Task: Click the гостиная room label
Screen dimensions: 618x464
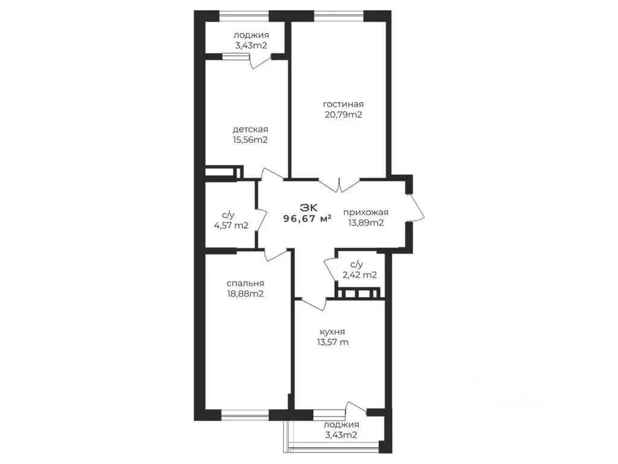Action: coord(343,105)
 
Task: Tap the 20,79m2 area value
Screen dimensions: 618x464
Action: coord(343,115)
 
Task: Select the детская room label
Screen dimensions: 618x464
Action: coord(250,129)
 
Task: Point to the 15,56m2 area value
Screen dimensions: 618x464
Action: coord(250,140)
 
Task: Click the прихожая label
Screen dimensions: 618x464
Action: coord(366,212)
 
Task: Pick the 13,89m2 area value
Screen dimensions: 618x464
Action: coord(366,222)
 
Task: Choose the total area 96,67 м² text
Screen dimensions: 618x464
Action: coord(307,218)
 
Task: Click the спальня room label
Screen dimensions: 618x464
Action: coord(245,283)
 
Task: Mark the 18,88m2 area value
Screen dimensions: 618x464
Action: coord(245,294)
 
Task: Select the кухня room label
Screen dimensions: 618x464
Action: coord(333,332)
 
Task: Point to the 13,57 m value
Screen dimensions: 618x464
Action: coord(333,342)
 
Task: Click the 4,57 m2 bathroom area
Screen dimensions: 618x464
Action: coord(231,226)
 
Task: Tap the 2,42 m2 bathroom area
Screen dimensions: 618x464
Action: coord(360,275)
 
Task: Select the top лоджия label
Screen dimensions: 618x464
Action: coord(251,35)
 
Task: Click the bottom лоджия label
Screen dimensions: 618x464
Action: coord(342,425)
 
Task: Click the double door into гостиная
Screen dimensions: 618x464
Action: coord(339,185)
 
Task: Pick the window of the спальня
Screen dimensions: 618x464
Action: coord(245,414)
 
